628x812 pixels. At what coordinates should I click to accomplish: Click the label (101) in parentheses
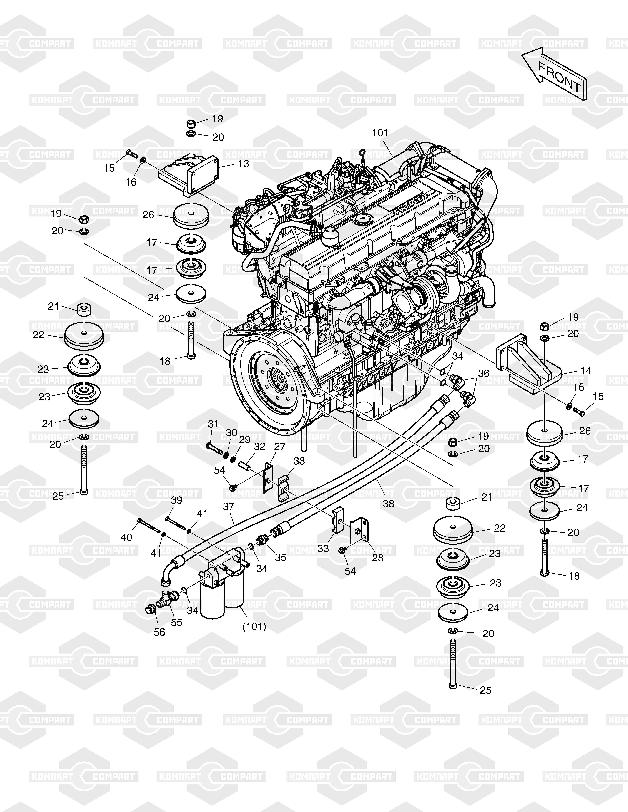point(254,626)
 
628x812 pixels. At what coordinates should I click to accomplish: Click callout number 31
point(213,424)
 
